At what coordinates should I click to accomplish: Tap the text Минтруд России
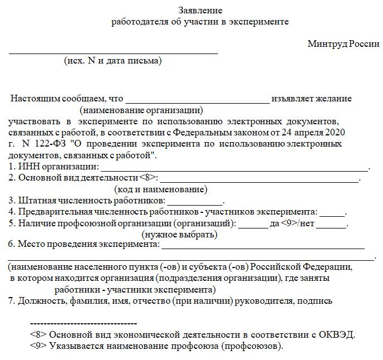pos(343,44)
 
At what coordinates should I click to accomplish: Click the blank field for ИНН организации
pos(234,169)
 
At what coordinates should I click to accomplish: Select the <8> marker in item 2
pos(148,178)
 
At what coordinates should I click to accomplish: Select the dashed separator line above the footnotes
pos(83,323)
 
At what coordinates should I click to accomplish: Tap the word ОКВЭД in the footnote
pos(336,335)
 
